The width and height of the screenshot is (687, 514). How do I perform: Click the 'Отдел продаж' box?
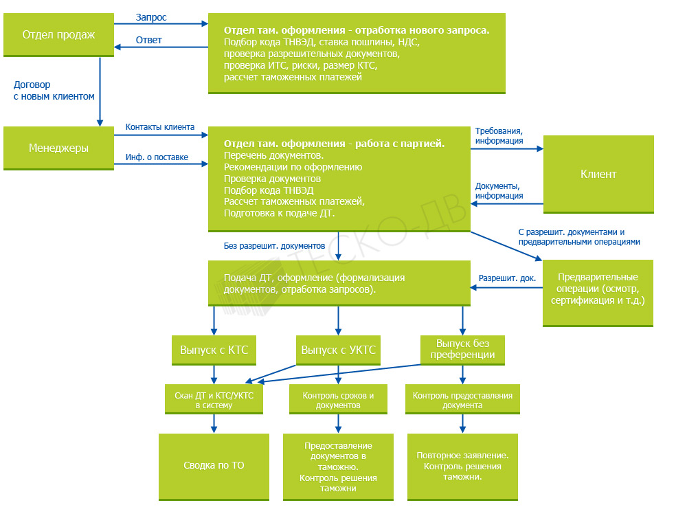(x=58, y=34)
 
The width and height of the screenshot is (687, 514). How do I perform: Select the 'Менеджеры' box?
(x=58, y=148)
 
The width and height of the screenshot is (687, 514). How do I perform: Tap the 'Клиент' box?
(x=598, y=175)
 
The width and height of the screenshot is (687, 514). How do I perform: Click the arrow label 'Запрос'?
(x=151, y=18)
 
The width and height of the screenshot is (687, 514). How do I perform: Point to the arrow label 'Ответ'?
(x=149, y=40)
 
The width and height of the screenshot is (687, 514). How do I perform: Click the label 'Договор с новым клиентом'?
(x=54, y=90)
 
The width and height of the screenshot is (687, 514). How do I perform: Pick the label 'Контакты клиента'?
(x=160, y=127)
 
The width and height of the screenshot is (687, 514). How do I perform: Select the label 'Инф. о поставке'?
(x=157, y=157)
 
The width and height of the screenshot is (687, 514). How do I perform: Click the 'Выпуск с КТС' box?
(x=214, y=350)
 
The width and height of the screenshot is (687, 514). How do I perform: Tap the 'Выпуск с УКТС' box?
(x=338, y=350)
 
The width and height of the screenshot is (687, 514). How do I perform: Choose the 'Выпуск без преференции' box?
(x=462, y=350)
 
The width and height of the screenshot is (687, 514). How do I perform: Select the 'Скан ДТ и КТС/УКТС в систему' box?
(x=214, y=399)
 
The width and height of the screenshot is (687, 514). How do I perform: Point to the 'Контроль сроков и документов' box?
(x=338, y=399)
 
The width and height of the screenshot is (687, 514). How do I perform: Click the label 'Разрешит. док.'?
(x=508, y=278)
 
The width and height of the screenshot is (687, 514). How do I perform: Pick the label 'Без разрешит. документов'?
(x=274, y=246)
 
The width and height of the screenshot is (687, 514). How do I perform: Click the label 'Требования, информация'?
(x=499, y=136)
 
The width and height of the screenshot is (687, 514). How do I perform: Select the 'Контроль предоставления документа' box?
(x=462, y=399)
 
